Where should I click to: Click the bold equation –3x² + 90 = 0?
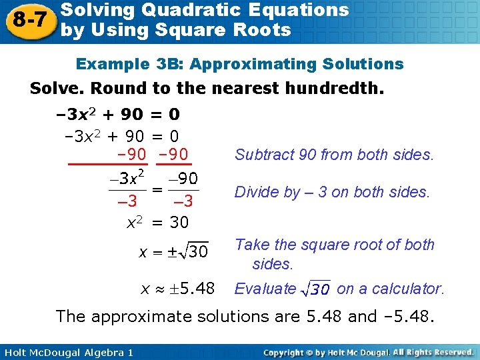tap(117, 114)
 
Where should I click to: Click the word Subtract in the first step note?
tap(262, 155)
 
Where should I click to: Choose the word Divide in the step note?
tap(254, 192)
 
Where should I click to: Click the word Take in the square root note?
tap(250, 245)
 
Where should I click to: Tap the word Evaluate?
tap(264, 289)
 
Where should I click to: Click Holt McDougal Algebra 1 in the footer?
tap(66, 351)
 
